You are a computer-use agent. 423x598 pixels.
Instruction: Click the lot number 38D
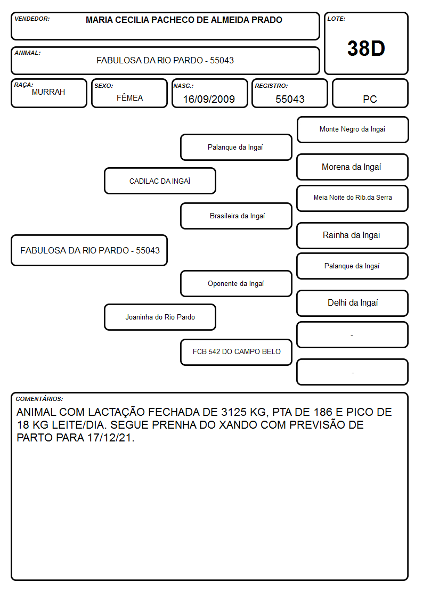click(x=366, y=48)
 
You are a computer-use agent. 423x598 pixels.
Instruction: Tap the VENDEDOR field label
click(x=32, y=19)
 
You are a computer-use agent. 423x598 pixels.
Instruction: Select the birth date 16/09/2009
click(x=209, y=99)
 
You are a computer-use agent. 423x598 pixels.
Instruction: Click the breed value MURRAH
click(x=48, y=92)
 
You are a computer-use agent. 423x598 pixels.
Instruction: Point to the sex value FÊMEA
click(x=129, y=98)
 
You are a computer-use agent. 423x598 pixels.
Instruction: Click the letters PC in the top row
click(x=370, y=99)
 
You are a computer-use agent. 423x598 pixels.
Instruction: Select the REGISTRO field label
click(x=271, y=86)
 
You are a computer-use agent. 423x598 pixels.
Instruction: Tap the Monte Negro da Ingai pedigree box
click(x=353, y=130)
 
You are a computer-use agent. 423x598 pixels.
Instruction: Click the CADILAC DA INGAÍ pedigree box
click(x=160, y=181)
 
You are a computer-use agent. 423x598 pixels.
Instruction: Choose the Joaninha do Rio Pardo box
click(x=160, y=317)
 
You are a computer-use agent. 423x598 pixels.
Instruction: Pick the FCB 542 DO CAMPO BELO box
click(x=236, y=352)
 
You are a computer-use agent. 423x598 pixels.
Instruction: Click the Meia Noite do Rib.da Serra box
click(x=353, y=198)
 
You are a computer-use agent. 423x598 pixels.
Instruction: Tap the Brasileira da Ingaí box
click(x=236, y=216)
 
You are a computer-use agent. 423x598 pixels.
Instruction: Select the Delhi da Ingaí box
click(x=353, y=303)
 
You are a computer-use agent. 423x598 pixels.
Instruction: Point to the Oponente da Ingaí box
click(x=236, y=283)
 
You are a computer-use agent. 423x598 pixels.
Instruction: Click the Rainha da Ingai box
click(x=353, y=235)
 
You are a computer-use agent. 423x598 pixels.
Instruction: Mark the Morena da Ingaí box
click(x=353, y=167)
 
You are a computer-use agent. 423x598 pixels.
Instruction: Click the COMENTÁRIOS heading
click(x=39, y=399)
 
